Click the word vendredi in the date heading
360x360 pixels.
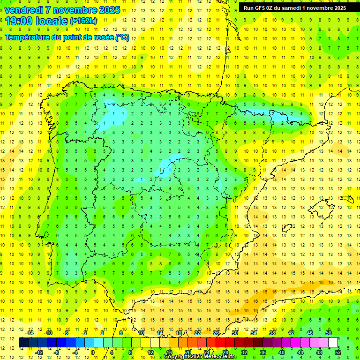click(x=24, y=10)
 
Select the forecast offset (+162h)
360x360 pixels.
click(x=83, y=21)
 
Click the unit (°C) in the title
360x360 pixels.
click(x=122, y=37)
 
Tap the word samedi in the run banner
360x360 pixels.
click(x=292, y=8)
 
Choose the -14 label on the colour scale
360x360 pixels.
click(x=30, y=332)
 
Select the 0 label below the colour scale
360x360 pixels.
click(x=93, y=352)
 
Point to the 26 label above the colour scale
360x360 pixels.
click(x=216, y=332)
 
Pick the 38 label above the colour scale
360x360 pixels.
click(x=272, y=332)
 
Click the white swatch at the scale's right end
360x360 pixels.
click(x=333, y=343)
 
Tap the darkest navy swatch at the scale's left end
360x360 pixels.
click(x=23, y=343)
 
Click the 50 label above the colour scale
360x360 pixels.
click(x=329, y=332)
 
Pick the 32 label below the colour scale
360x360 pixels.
click(x=244, y=352)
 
